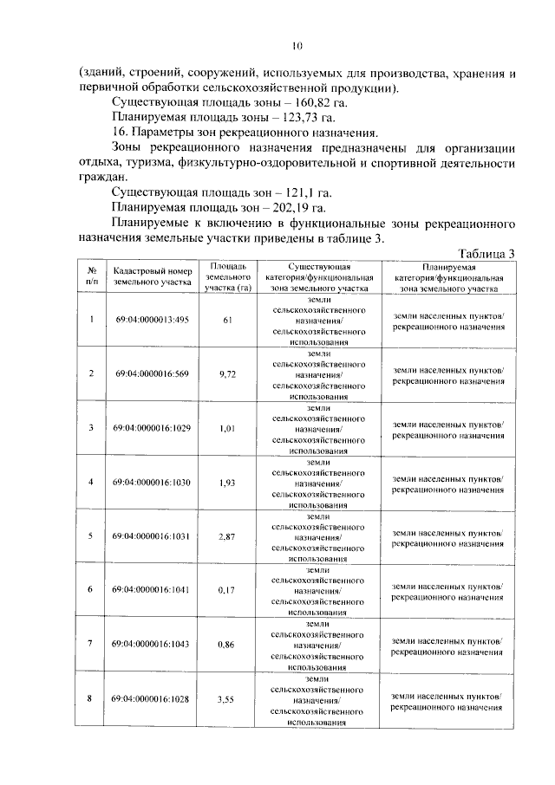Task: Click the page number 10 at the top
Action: [296, 46]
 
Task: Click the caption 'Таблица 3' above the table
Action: [486, 252]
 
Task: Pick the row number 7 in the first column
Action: [91, 642]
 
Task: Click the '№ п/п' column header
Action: [91, 276]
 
